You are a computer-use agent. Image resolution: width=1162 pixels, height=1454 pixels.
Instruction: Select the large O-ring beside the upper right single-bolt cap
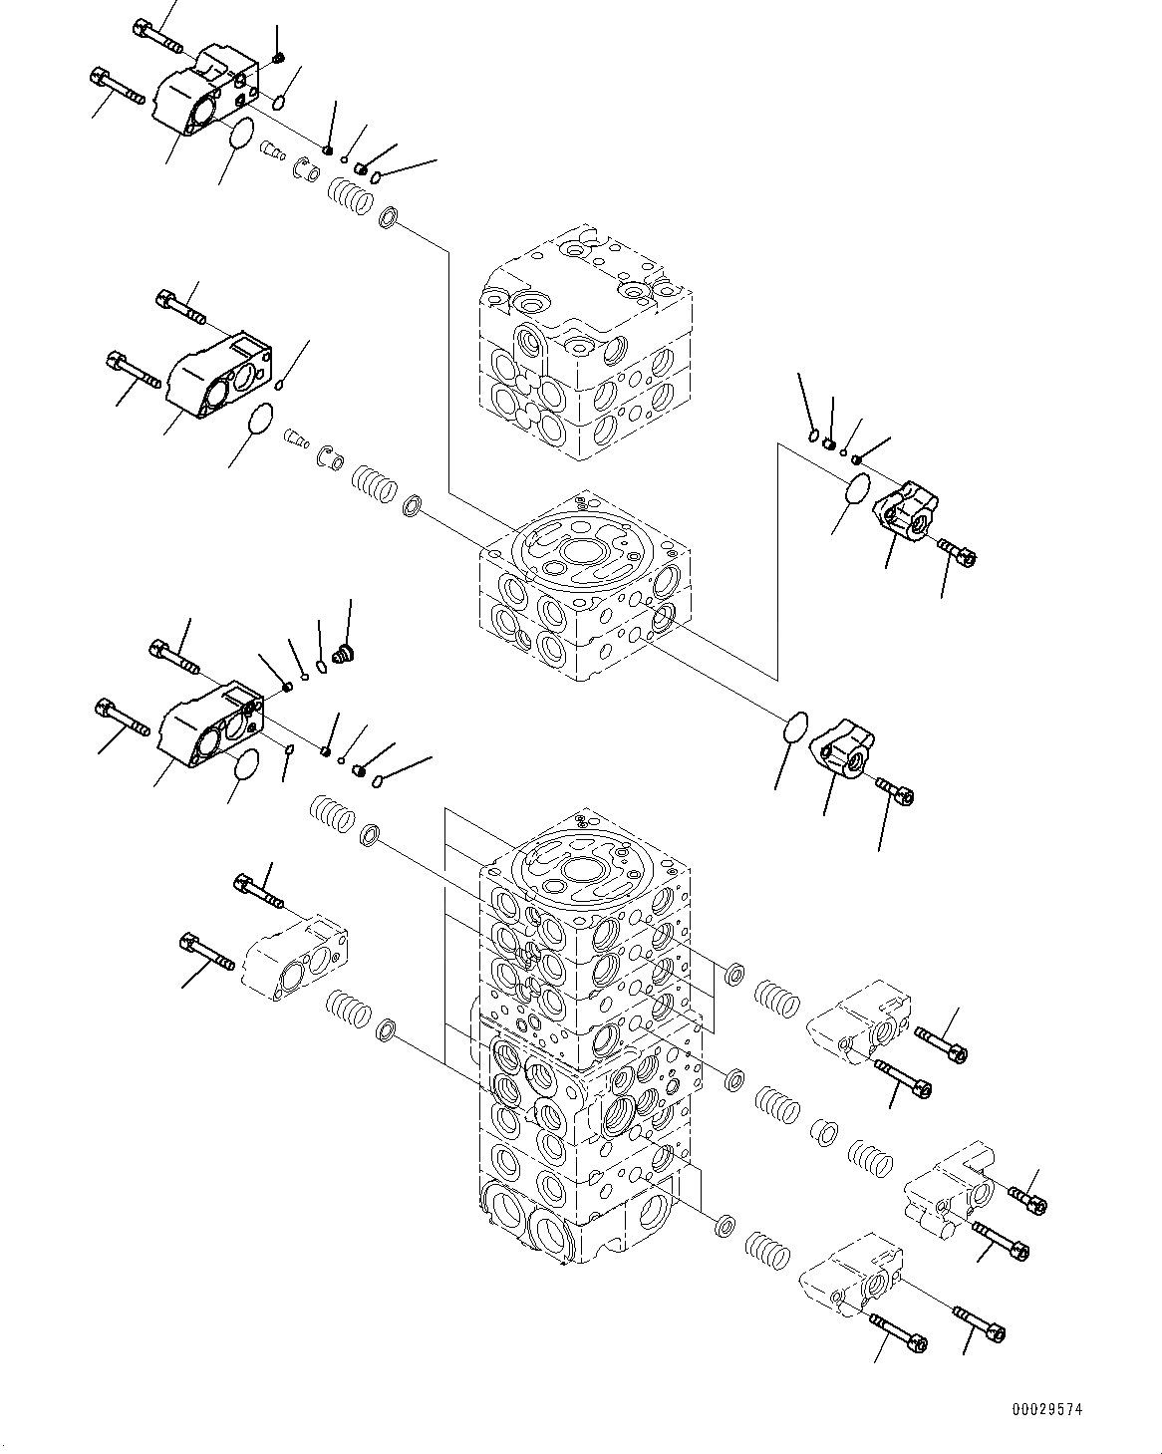point(857,490)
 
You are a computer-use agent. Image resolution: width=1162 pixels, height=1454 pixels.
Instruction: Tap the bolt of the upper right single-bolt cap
point(957,551)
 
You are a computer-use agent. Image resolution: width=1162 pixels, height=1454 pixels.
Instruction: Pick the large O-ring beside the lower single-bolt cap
point(794,727)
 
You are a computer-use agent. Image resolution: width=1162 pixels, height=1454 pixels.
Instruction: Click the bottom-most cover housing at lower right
point(851,1282)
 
